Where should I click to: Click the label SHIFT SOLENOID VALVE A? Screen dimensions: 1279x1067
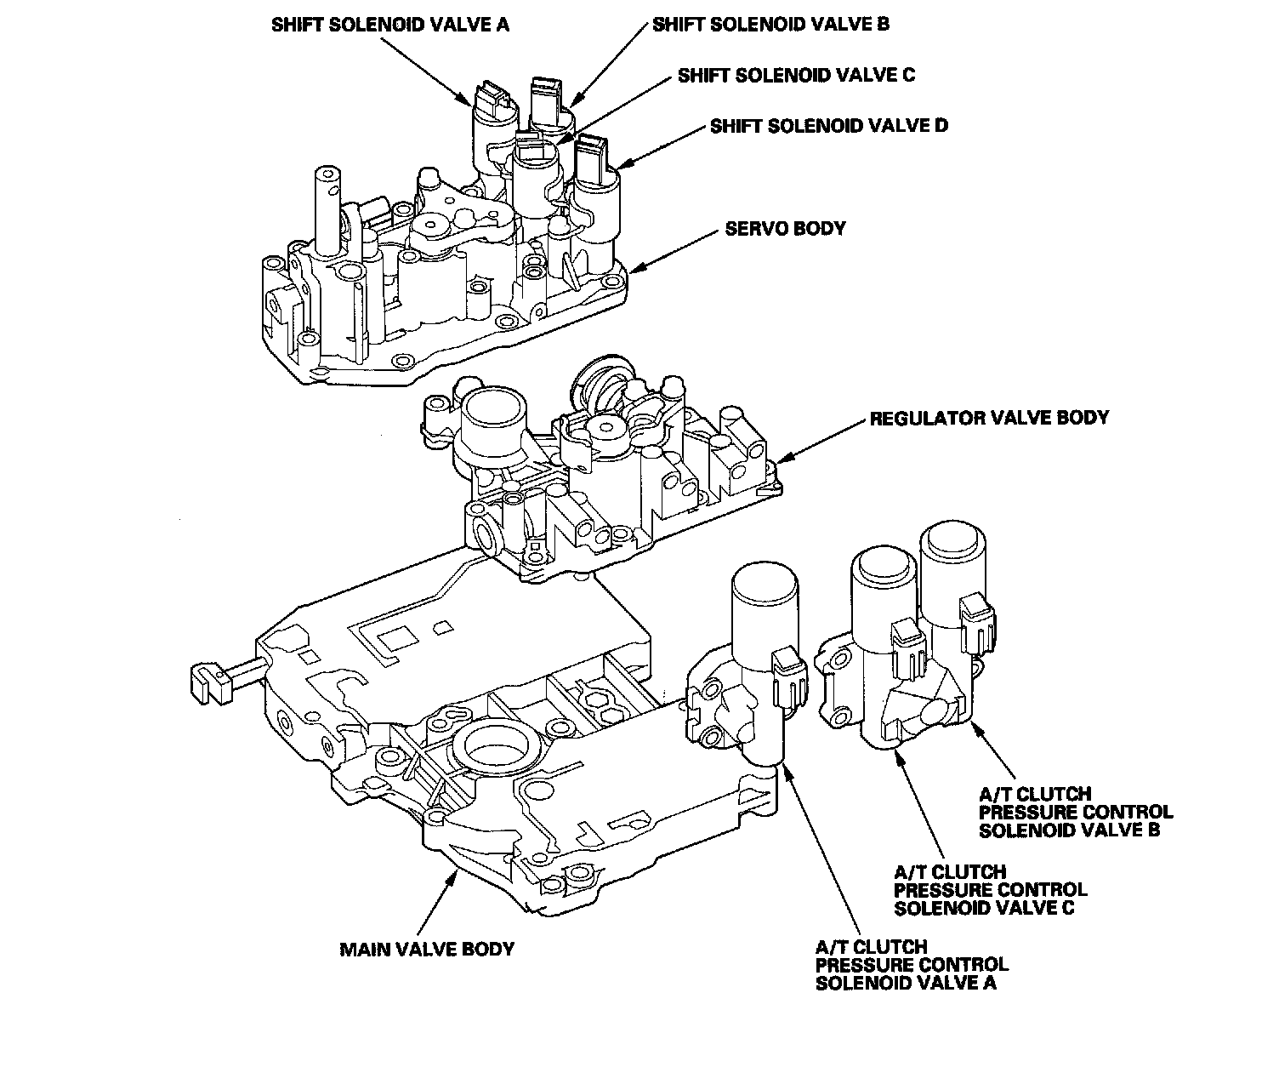(390, 26)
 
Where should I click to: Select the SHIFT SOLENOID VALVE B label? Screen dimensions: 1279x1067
(770, 25)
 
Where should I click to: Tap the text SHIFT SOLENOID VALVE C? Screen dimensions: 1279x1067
(796, 76)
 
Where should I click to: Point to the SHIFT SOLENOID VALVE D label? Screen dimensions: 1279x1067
(829, 126)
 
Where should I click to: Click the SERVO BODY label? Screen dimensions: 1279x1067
(785, 229)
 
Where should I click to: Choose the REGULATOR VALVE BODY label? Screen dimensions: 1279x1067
(989, 418)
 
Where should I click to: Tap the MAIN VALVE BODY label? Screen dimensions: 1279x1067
(427, 950)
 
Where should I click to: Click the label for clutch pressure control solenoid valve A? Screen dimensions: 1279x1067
(912, 965)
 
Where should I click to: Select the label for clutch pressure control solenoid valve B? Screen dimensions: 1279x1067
(1076, 812)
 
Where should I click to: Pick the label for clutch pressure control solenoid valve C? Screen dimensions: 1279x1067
(991, 890)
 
